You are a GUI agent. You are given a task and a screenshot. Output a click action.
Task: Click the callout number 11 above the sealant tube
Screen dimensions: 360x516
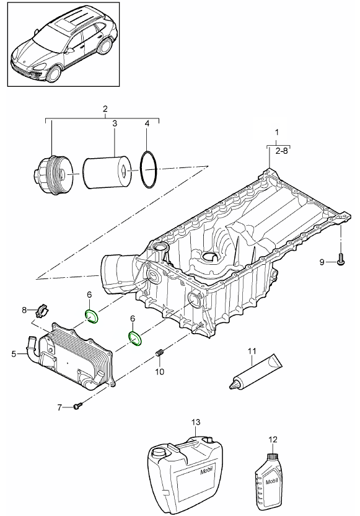(x=252, y=351)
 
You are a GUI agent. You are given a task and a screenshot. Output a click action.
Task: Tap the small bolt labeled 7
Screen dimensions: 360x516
(x=77, y=407)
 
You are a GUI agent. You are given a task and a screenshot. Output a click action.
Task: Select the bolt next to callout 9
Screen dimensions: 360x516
(x=341, y=259)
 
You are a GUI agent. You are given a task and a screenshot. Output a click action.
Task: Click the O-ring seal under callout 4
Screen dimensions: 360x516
(x=149, y=170)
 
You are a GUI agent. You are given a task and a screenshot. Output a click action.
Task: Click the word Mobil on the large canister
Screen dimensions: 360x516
(x=206, y=471)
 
